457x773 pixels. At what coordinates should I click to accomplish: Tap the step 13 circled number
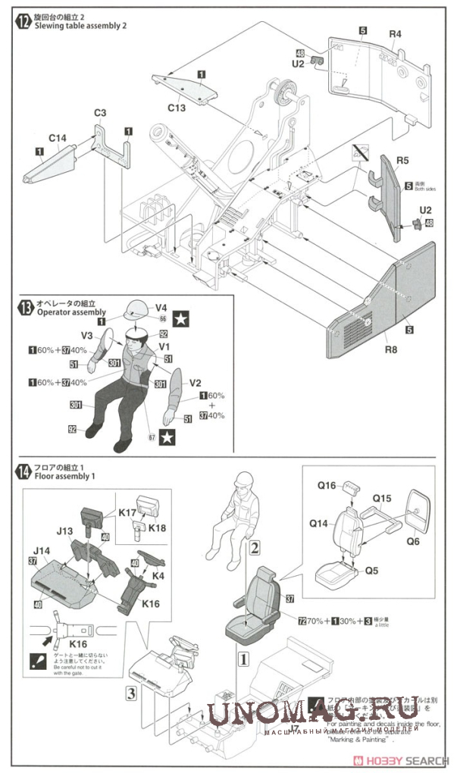[x=23, y=307]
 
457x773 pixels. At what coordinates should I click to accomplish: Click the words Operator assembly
[x=66, y=312]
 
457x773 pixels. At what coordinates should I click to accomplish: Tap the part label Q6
[x=412, y=541]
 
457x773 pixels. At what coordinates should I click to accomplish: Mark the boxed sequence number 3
[x=131, y=692]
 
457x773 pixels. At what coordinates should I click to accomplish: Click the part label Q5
[x=371, y=570]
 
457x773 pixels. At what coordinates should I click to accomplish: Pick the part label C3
[x=100, y=113]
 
